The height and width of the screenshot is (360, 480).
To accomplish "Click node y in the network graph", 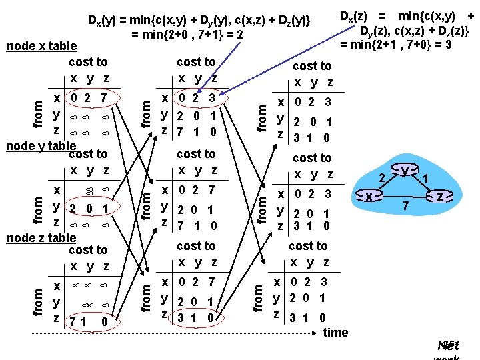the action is click(405, 171).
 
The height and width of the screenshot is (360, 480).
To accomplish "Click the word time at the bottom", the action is click(335, 332).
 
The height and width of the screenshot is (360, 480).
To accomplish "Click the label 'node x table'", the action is click(41, 46).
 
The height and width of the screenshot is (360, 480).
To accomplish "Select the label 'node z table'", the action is click(41, 237).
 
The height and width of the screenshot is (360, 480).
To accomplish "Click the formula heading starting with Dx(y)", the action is click(199, 21).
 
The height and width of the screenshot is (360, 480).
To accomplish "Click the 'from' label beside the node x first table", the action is click(38, 109).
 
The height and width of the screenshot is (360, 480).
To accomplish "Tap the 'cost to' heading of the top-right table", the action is click(312, 65).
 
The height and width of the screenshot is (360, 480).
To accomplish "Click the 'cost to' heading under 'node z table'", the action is click(88, 250).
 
